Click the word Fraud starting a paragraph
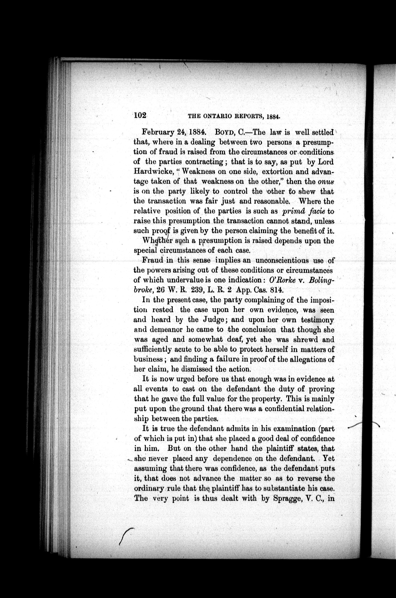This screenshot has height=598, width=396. [153, 260]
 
